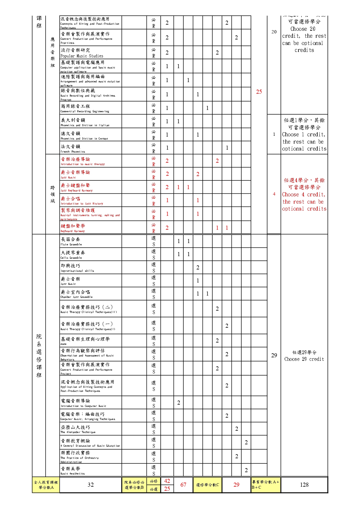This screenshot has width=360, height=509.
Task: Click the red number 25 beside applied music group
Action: coord(259,92)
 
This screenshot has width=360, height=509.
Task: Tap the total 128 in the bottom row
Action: coord(304,485)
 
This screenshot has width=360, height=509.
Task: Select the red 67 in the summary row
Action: coord(183,485)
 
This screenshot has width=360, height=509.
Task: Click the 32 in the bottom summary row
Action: coord(91,485)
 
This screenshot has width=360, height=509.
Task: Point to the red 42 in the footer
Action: coord(167,481)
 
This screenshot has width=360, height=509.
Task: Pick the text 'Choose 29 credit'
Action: coord(304,359)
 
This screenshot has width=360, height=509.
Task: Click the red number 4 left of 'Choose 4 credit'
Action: coord(274,194)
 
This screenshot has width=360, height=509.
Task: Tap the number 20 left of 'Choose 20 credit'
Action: coord(274,32)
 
